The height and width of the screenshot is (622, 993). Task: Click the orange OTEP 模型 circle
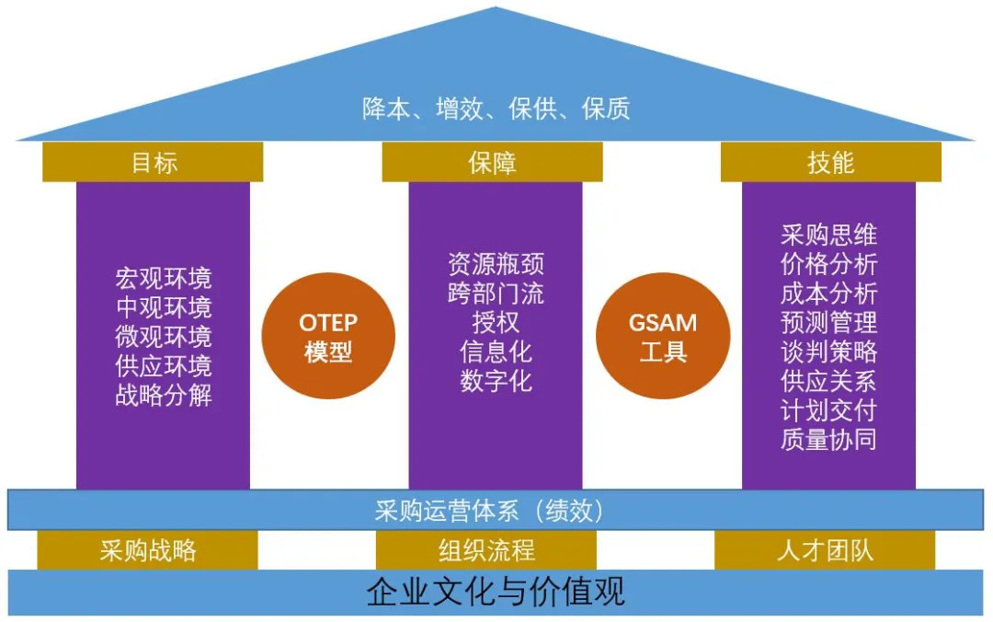pos(327,337)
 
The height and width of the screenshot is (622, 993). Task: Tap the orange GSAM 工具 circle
pos(662,337)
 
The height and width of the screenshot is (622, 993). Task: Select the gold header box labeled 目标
pos(153,163)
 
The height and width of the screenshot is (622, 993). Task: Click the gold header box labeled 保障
pos(492,163)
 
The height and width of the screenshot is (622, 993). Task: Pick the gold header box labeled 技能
pos(830,163)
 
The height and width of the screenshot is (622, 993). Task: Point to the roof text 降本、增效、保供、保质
pos(496,109)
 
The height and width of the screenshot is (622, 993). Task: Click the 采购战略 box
pos(147,551)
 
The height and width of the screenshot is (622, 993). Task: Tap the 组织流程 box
pos(486,551)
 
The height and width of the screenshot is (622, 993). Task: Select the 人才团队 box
pos(825,551)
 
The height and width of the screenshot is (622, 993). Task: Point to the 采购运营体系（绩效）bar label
pos(496,511)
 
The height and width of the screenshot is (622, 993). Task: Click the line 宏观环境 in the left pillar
pos(163,278)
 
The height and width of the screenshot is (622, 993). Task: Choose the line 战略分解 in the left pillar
pos(163,396)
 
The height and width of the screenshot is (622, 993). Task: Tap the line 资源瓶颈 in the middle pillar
pos(496,263)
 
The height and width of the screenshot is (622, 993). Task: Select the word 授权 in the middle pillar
pos(496,322)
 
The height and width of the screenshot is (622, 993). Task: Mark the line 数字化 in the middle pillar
pos(496,381)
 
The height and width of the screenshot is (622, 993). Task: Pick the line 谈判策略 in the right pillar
pos(828,351)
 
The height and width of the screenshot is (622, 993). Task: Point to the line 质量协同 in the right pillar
pos(828,439)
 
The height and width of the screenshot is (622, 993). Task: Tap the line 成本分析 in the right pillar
pos(828,293)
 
